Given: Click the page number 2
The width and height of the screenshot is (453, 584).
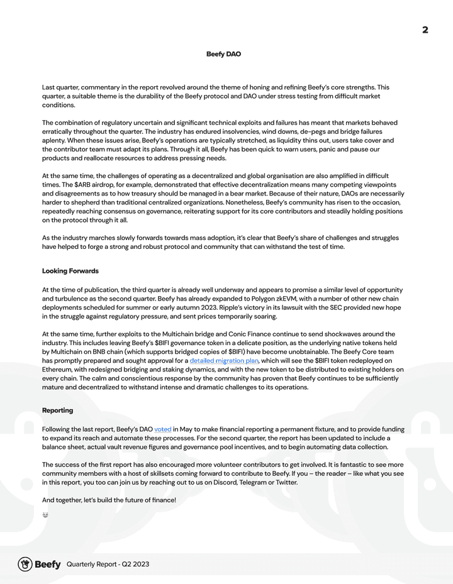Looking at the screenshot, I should tap(425, 30).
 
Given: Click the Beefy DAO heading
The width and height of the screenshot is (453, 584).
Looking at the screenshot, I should tap(223, 54).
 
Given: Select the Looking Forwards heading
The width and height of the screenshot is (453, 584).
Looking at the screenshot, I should tap(70, 271).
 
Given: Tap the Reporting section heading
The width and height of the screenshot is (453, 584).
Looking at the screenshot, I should tap(57, 410).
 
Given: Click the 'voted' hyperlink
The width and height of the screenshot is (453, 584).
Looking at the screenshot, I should tap(162, 429).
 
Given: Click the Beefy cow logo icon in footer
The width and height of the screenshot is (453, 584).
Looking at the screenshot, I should tap(25, 564).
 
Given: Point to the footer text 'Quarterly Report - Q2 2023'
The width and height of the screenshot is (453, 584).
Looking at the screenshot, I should tap(108, 565).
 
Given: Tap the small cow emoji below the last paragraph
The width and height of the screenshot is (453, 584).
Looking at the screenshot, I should tap(45, 515).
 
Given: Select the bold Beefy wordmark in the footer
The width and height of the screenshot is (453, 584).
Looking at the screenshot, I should tap(48, 565).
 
